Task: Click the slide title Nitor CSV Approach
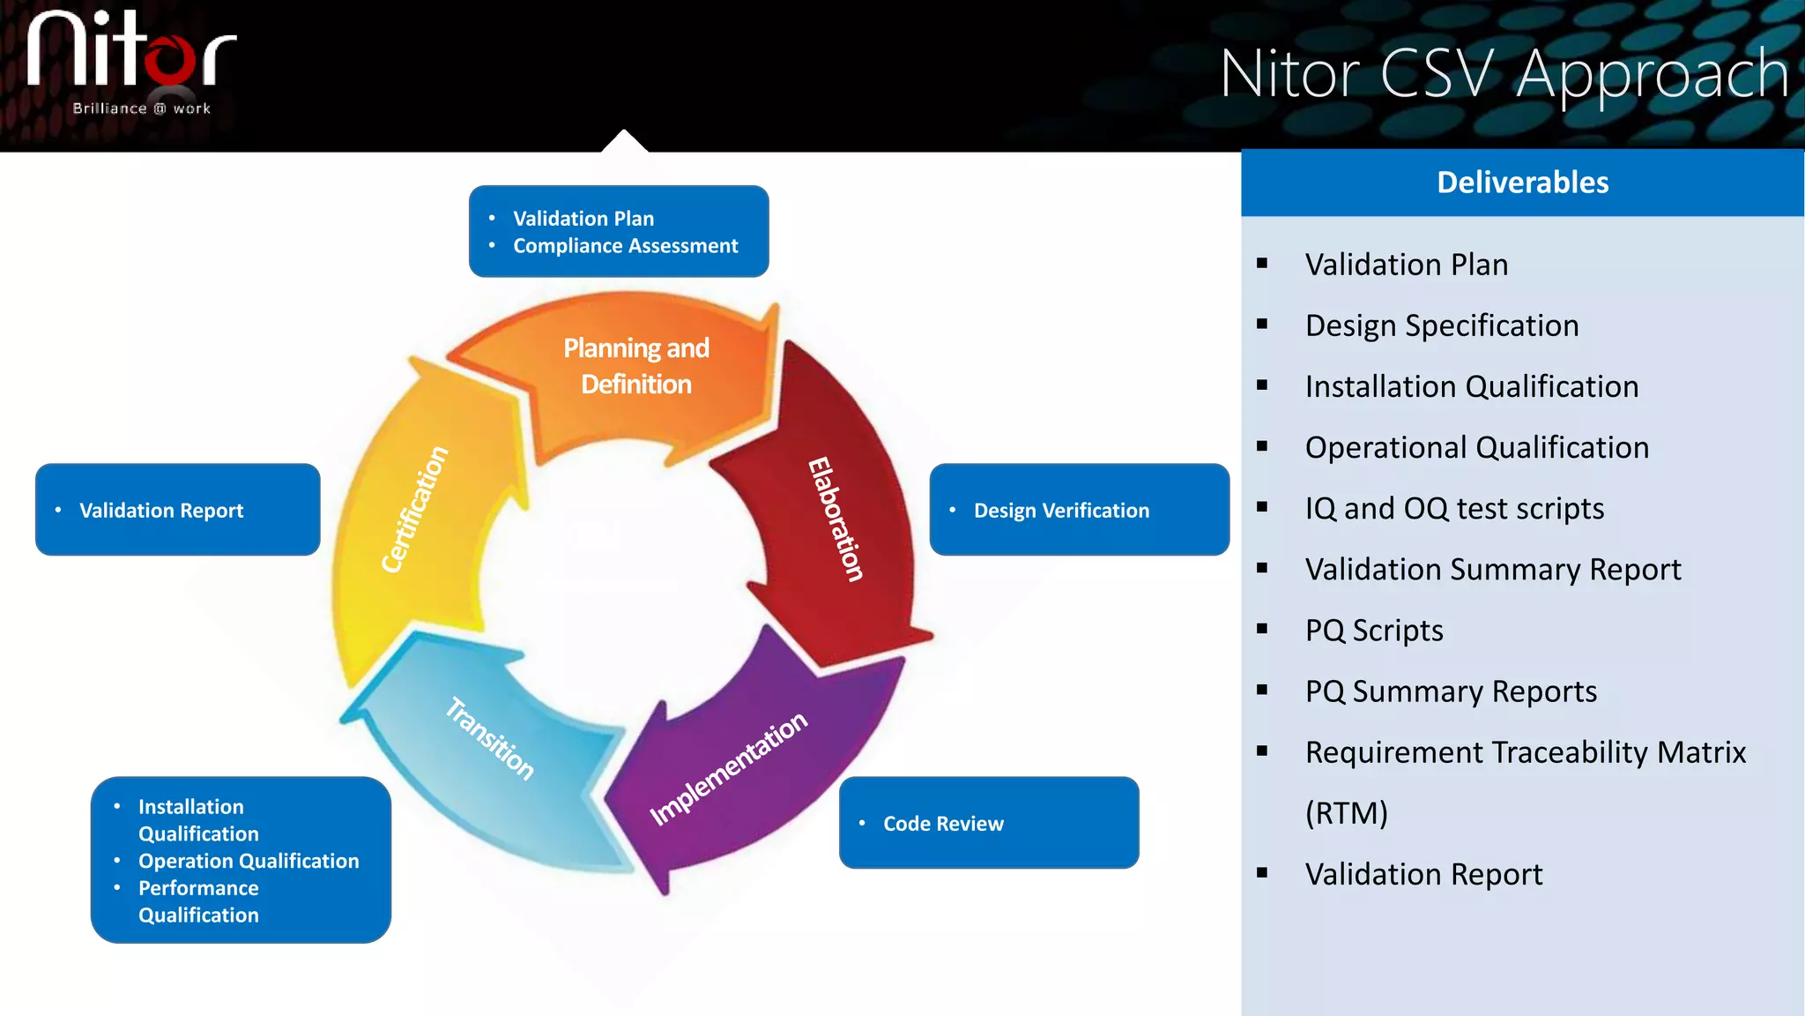click(1504, 74)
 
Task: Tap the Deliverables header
click(1522, 183)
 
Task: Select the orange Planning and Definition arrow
click(635, 367)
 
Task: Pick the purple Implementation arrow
click(728, 768)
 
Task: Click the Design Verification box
click(1079, 510)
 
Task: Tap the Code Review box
click(988, 823)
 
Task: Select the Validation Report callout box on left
click(177, 510)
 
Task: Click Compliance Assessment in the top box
click(625, 246)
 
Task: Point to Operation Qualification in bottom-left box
click(249, 861)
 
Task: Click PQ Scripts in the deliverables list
click(1373, 631)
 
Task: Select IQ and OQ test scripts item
click(1454, 509)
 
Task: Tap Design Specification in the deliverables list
click(1442, 325)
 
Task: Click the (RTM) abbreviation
click(1346, 812)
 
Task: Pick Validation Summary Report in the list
click(1493, 570)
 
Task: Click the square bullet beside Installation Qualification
click(1262, 385)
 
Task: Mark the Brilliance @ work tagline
click(141, 108)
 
